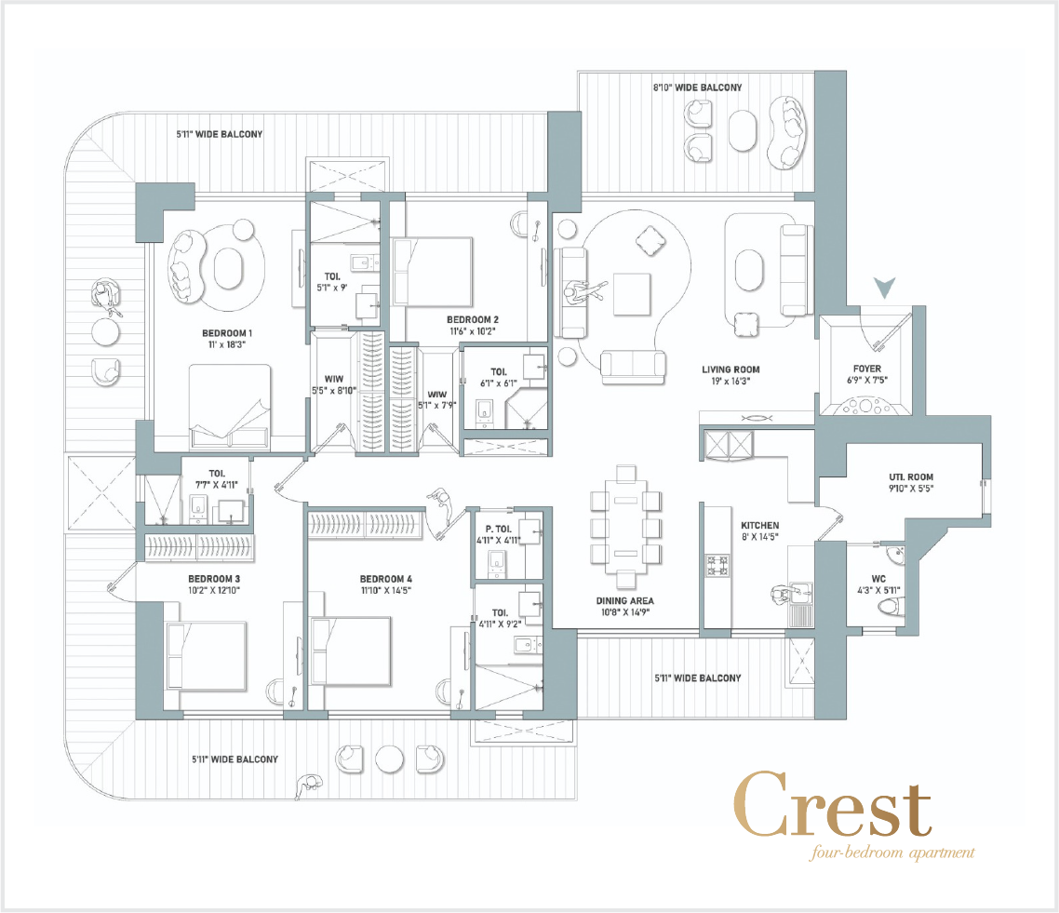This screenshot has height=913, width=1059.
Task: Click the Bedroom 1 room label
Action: tap(227, 333)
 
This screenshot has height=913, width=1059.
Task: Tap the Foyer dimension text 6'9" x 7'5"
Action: tap(867, 381)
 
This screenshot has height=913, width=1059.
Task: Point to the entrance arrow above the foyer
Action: tap(884, 288)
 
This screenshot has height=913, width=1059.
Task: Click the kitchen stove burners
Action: tap(717, 566)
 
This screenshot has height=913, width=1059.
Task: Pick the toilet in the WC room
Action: tap(891, 607)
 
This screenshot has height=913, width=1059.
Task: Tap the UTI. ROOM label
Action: tap(911, 477)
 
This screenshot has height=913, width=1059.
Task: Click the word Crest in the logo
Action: tap(833, 805)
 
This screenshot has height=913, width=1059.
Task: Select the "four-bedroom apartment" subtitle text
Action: tap(892, 853)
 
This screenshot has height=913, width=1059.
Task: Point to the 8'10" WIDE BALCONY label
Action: tap(697, 87)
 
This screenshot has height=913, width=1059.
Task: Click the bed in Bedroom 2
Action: tap(432, 272)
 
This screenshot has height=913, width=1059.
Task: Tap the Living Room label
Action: tap(731, 369)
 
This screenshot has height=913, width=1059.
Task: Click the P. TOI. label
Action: tap(499, 530)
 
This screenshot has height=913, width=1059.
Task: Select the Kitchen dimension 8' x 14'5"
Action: tap(759, 537)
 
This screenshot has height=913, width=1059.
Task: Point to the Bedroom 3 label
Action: tap(214, 579)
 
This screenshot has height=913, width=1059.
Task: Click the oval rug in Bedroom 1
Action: tap(228, 269)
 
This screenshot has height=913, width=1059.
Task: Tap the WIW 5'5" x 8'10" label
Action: tap(334, 385)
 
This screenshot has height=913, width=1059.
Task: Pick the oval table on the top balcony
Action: tap(744, 131)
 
